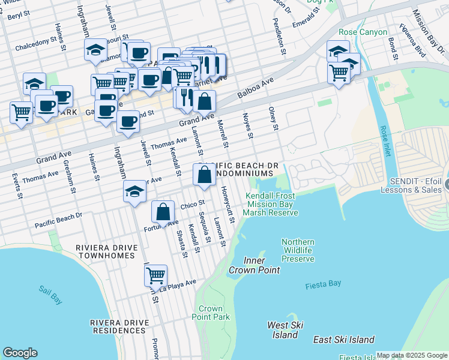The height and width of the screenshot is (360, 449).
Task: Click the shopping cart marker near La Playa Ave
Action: (x=155, y=275)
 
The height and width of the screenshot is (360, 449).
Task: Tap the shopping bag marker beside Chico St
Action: (x=163, y=212)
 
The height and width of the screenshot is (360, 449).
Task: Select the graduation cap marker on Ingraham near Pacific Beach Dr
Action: (x=134, y=192)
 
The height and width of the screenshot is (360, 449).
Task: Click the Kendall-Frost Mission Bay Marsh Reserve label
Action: (x=271, y=204)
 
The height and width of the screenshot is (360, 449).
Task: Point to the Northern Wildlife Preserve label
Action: (x=298, y=250)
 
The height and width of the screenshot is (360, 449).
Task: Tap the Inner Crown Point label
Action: (x=254, y=265)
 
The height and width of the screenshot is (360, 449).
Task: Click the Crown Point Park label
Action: (x=214, y=313)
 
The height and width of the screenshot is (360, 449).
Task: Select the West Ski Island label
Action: (x=285, y=329)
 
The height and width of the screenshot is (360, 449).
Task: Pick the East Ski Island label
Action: (x=344, y=340)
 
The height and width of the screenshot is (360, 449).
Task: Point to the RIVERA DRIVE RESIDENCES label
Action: (x=119, y=326)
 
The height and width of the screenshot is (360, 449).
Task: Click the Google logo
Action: (x=20, y=353)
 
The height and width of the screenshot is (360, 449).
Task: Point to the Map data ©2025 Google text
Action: (x=412, y=356)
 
